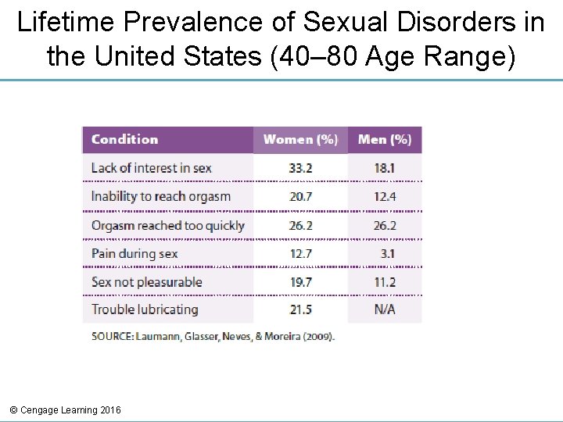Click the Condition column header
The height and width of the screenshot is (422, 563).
pos(124,140)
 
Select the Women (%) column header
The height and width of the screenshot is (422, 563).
pos(300,140)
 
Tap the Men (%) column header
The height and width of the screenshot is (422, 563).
pos(384,140)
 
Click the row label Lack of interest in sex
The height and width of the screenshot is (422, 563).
pos(151,168)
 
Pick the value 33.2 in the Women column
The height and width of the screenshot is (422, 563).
pos(300,168)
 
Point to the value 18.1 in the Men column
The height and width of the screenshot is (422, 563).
pos(384,168)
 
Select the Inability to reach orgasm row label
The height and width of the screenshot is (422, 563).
pos(160,196)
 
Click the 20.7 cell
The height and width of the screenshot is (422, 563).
pos(300,196)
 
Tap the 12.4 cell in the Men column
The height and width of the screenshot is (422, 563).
pos(384,196)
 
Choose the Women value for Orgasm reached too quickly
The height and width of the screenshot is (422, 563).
pos(300,226)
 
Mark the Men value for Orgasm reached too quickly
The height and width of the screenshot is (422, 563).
pos(384,226)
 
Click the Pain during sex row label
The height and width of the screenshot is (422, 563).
pos(134,253)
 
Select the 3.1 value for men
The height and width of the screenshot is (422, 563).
pos(387,253)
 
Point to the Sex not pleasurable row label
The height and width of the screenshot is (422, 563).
pos(146,282)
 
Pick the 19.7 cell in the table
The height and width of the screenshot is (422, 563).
pos(300,282)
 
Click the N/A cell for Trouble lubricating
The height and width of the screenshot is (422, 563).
pos(384,309)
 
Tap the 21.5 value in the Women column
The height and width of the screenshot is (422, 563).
pos(300,309)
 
